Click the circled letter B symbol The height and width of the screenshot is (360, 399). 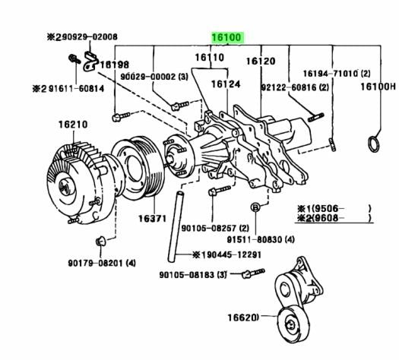click(x=257, y=207)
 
